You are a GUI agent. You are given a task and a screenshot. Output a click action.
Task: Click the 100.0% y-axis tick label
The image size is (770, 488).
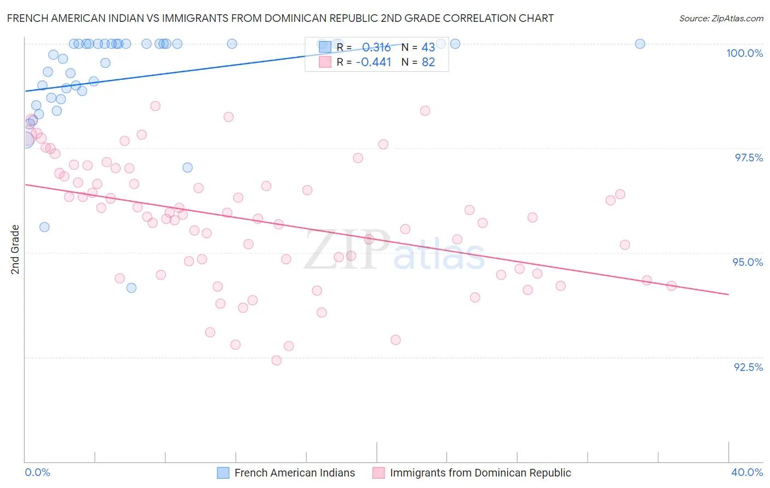point(744,53)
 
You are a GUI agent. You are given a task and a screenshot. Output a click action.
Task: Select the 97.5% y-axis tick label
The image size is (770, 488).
point(749,158)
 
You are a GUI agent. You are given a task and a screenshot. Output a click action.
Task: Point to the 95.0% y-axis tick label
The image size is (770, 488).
point(748,262)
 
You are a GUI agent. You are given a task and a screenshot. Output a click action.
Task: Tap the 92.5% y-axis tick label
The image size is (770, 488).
point(748,367)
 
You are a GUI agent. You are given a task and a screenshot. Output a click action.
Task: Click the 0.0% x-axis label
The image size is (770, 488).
point(37,472)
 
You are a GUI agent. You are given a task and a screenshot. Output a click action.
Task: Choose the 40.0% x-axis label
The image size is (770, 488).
point(747,472)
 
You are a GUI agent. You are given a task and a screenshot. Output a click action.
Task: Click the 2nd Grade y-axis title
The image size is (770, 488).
point(15,249)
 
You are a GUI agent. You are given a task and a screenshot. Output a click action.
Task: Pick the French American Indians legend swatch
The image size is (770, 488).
point(223,473)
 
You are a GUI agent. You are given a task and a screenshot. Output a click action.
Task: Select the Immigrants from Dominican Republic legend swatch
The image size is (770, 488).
point(378,473)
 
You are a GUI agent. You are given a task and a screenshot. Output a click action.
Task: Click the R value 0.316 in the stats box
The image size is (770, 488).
point(376,47)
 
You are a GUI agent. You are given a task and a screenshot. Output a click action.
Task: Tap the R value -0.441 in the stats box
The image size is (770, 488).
point(373,62)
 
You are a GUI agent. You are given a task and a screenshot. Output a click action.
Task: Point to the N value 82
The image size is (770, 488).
point(428,62)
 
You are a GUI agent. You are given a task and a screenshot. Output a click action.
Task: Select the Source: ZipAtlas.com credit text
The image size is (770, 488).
point(721,18)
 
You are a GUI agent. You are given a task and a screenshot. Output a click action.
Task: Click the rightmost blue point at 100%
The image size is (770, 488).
point(640,44)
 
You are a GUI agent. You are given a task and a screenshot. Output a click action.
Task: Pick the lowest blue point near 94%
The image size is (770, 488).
point(131,288)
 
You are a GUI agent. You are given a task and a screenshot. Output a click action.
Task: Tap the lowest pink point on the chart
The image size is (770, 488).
point(277,360)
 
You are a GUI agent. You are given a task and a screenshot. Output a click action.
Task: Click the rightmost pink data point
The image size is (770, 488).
point(671,286)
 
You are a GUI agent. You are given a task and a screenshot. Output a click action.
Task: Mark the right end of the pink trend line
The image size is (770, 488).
point(728,294)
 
